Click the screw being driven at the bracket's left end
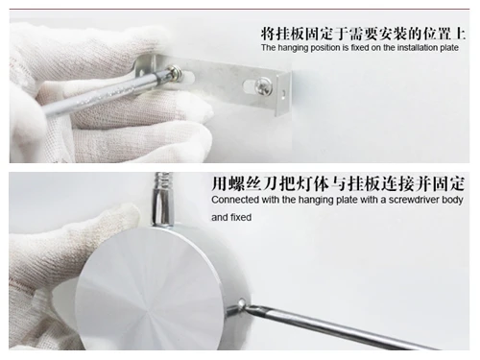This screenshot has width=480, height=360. tap(179, 72)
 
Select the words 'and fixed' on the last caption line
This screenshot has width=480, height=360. tap(230, 218)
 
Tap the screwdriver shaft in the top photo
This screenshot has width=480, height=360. tap(106, 91)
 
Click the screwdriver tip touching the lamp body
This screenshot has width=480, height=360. tap(242, 307)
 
